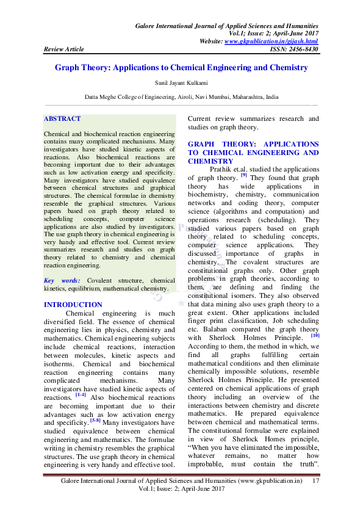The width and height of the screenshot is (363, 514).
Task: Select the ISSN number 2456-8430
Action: point(303,49)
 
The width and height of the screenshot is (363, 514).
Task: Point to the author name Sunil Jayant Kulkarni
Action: point(181,84)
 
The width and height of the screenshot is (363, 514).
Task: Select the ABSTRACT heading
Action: point(62,118)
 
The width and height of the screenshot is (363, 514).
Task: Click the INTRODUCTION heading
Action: point(73,305)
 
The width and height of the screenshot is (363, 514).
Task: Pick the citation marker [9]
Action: point(243,175)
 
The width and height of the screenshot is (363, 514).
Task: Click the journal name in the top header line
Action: point(226,26)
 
